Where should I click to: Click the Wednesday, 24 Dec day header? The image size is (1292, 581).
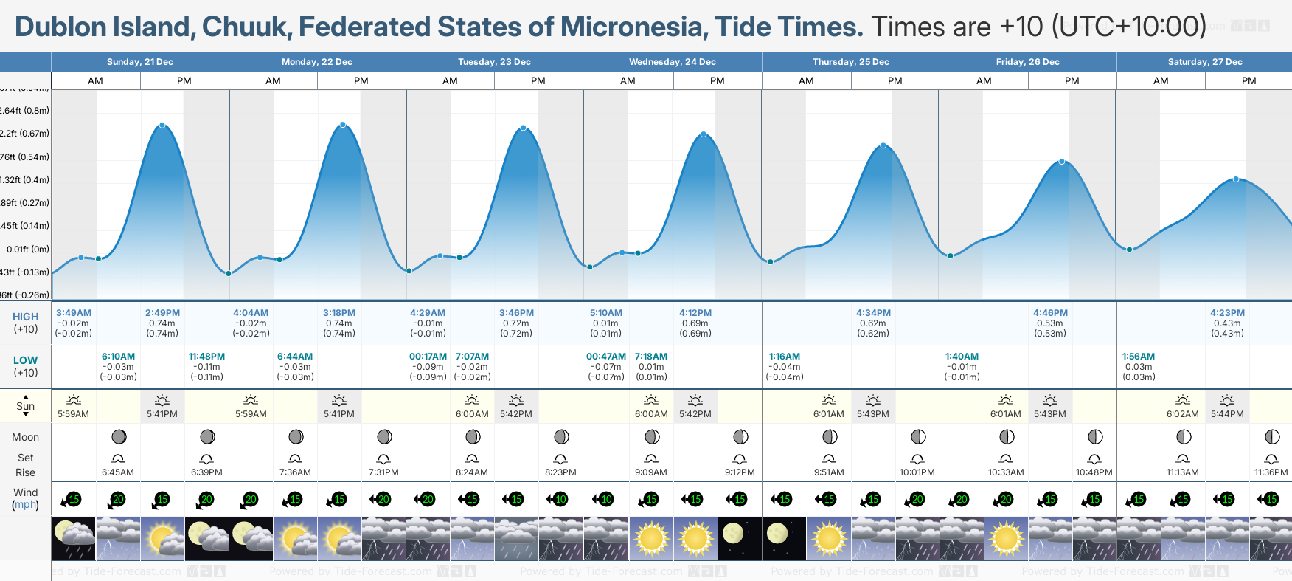tap(672, 62)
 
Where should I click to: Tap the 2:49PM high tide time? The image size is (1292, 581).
tap(162, 313)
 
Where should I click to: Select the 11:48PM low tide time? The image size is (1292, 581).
tap(206, 357)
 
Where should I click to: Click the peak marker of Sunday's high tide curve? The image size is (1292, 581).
tap(162, 126)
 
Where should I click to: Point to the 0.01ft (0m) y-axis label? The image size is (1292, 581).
tap(28, 250)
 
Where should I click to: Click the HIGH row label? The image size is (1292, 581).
tap(25, 317)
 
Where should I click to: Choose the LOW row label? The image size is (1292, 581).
tap(25, 360)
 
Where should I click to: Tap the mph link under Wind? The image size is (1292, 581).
tap(25, 505)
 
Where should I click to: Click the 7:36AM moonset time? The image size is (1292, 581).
tap(295, 472)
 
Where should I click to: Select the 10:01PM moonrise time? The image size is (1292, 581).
tap(917, 472)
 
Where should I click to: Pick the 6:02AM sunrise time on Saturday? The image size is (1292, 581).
tap(1182, 414)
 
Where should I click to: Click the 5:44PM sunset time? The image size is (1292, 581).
tap(1227, 414)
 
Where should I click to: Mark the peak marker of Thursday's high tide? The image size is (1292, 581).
tap(883, 145)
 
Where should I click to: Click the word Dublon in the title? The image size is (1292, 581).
tap(60, 27)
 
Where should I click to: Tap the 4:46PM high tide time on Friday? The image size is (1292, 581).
tap(1050, 313)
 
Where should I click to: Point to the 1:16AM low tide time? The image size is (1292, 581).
tap(784, 357)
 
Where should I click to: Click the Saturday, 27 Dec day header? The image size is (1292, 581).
tap(1204, 62)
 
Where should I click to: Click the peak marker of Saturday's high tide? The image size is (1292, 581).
tap(1236, 179)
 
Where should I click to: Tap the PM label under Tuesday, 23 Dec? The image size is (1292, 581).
tap(538, 81)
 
